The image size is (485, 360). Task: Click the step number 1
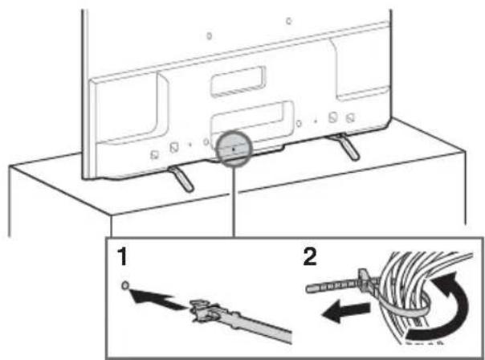point(122,260)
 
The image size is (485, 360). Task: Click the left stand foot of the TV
point(180,177)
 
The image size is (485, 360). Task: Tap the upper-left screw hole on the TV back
point(208,36)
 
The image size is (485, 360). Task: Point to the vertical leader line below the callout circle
point(232,201)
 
